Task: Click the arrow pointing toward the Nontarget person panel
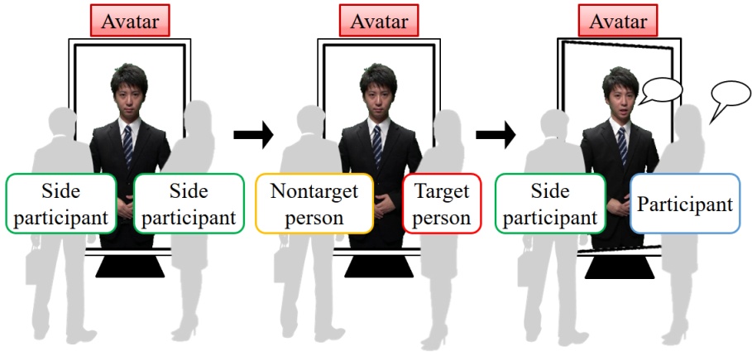click(253, 134)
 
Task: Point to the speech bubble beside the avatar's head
click(660, 90)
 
